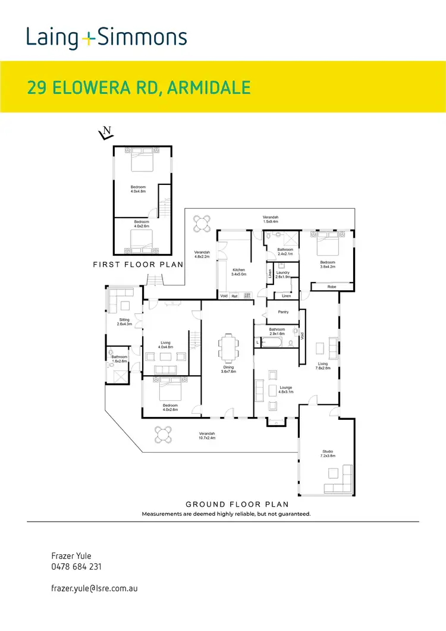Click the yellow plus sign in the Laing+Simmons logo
coord(88,39)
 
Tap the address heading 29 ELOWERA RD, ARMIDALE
coord(139,87)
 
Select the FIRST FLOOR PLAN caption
coord(137,263)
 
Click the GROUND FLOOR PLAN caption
coord(226,503)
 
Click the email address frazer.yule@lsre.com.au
coord(95,588)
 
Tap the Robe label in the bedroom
coord(331,287)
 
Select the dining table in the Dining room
coord(229,348)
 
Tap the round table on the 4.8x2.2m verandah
coord(202,224)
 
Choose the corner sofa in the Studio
coord(339,480)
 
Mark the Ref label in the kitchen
coord(234,296)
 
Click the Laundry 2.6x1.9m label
coord(283,274)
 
